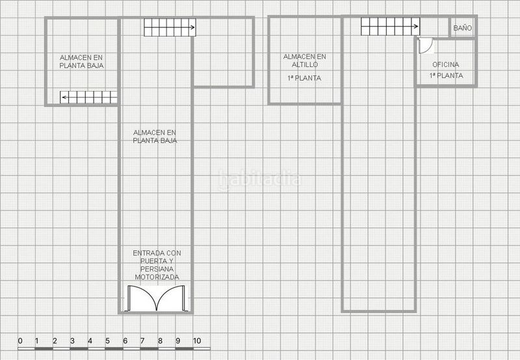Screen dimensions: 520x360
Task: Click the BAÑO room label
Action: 462,28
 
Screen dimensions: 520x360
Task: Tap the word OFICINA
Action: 446,64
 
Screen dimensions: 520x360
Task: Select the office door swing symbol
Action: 426,45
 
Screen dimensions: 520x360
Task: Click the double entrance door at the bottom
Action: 157,298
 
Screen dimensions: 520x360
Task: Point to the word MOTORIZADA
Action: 157,277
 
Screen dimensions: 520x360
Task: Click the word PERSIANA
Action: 157,269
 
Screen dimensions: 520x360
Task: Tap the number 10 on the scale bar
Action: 197,341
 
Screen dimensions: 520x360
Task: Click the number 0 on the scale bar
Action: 20,341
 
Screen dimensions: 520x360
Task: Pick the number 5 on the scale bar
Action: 107,341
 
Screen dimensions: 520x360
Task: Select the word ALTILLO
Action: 305,64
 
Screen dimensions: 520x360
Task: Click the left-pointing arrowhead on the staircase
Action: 64,97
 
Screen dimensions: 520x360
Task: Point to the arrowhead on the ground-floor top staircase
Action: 192,27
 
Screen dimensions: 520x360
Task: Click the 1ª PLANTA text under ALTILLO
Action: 304,78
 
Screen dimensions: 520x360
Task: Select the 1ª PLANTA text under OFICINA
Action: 446,75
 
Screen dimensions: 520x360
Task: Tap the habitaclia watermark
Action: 259,179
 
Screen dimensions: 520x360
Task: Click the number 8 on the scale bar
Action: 160,341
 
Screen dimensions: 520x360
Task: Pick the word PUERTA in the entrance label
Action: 154,261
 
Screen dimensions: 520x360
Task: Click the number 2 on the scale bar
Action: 55,341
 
